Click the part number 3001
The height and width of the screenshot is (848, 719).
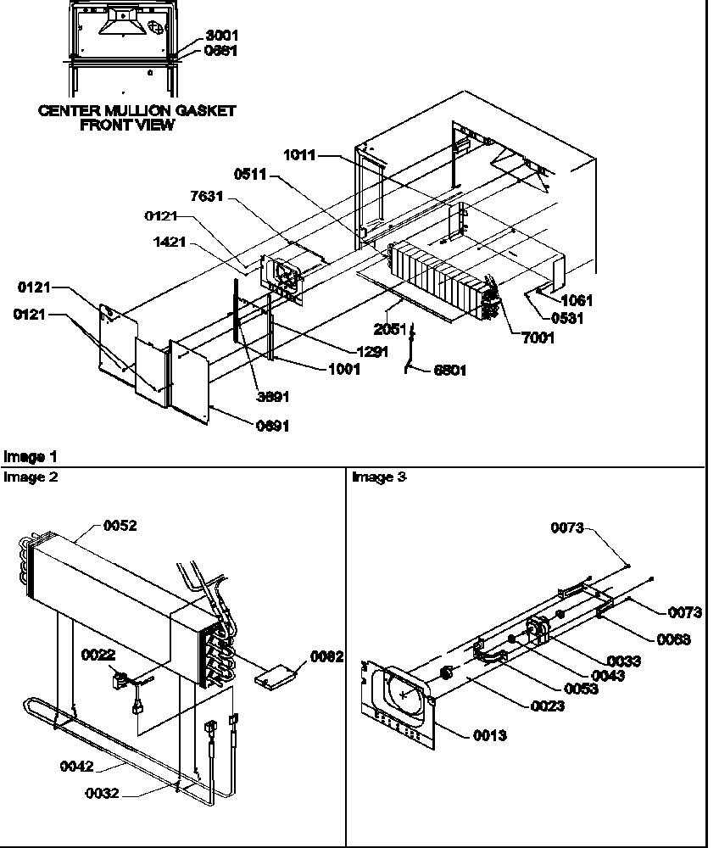(221, 36)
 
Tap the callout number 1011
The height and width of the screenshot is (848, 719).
(299, 155)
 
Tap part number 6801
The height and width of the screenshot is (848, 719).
(449, 371)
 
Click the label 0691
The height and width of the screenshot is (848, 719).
(272, 427)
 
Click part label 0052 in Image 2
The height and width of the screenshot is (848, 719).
(120, 526)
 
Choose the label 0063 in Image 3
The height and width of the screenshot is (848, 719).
(673, 640)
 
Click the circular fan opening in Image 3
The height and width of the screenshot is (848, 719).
(404, 693)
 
